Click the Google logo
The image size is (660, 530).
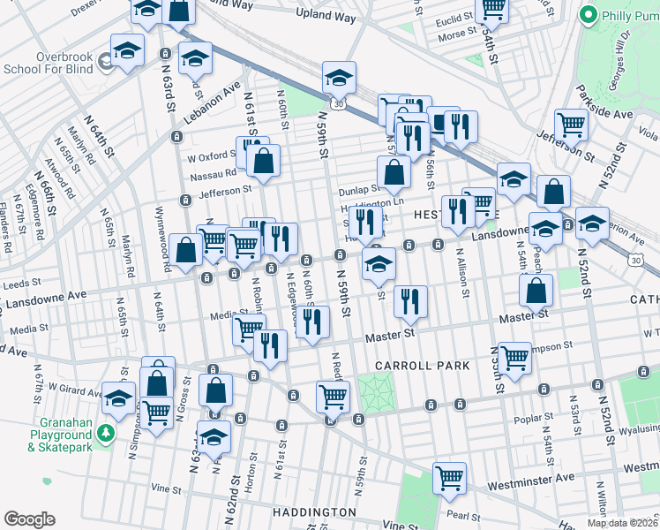click(x=29, y=519)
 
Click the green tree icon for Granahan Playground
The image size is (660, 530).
click(x=106, y=433)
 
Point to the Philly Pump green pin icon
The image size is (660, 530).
click(x=589, y=15)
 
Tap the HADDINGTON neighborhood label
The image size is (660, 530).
click(x=314, y=512)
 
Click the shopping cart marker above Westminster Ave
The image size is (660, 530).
click(x=450, y=478)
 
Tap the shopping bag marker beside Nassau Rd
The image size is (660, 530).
click(x=263, y=161)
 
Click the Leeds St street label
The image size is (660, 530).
click(x=17, y=285)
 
